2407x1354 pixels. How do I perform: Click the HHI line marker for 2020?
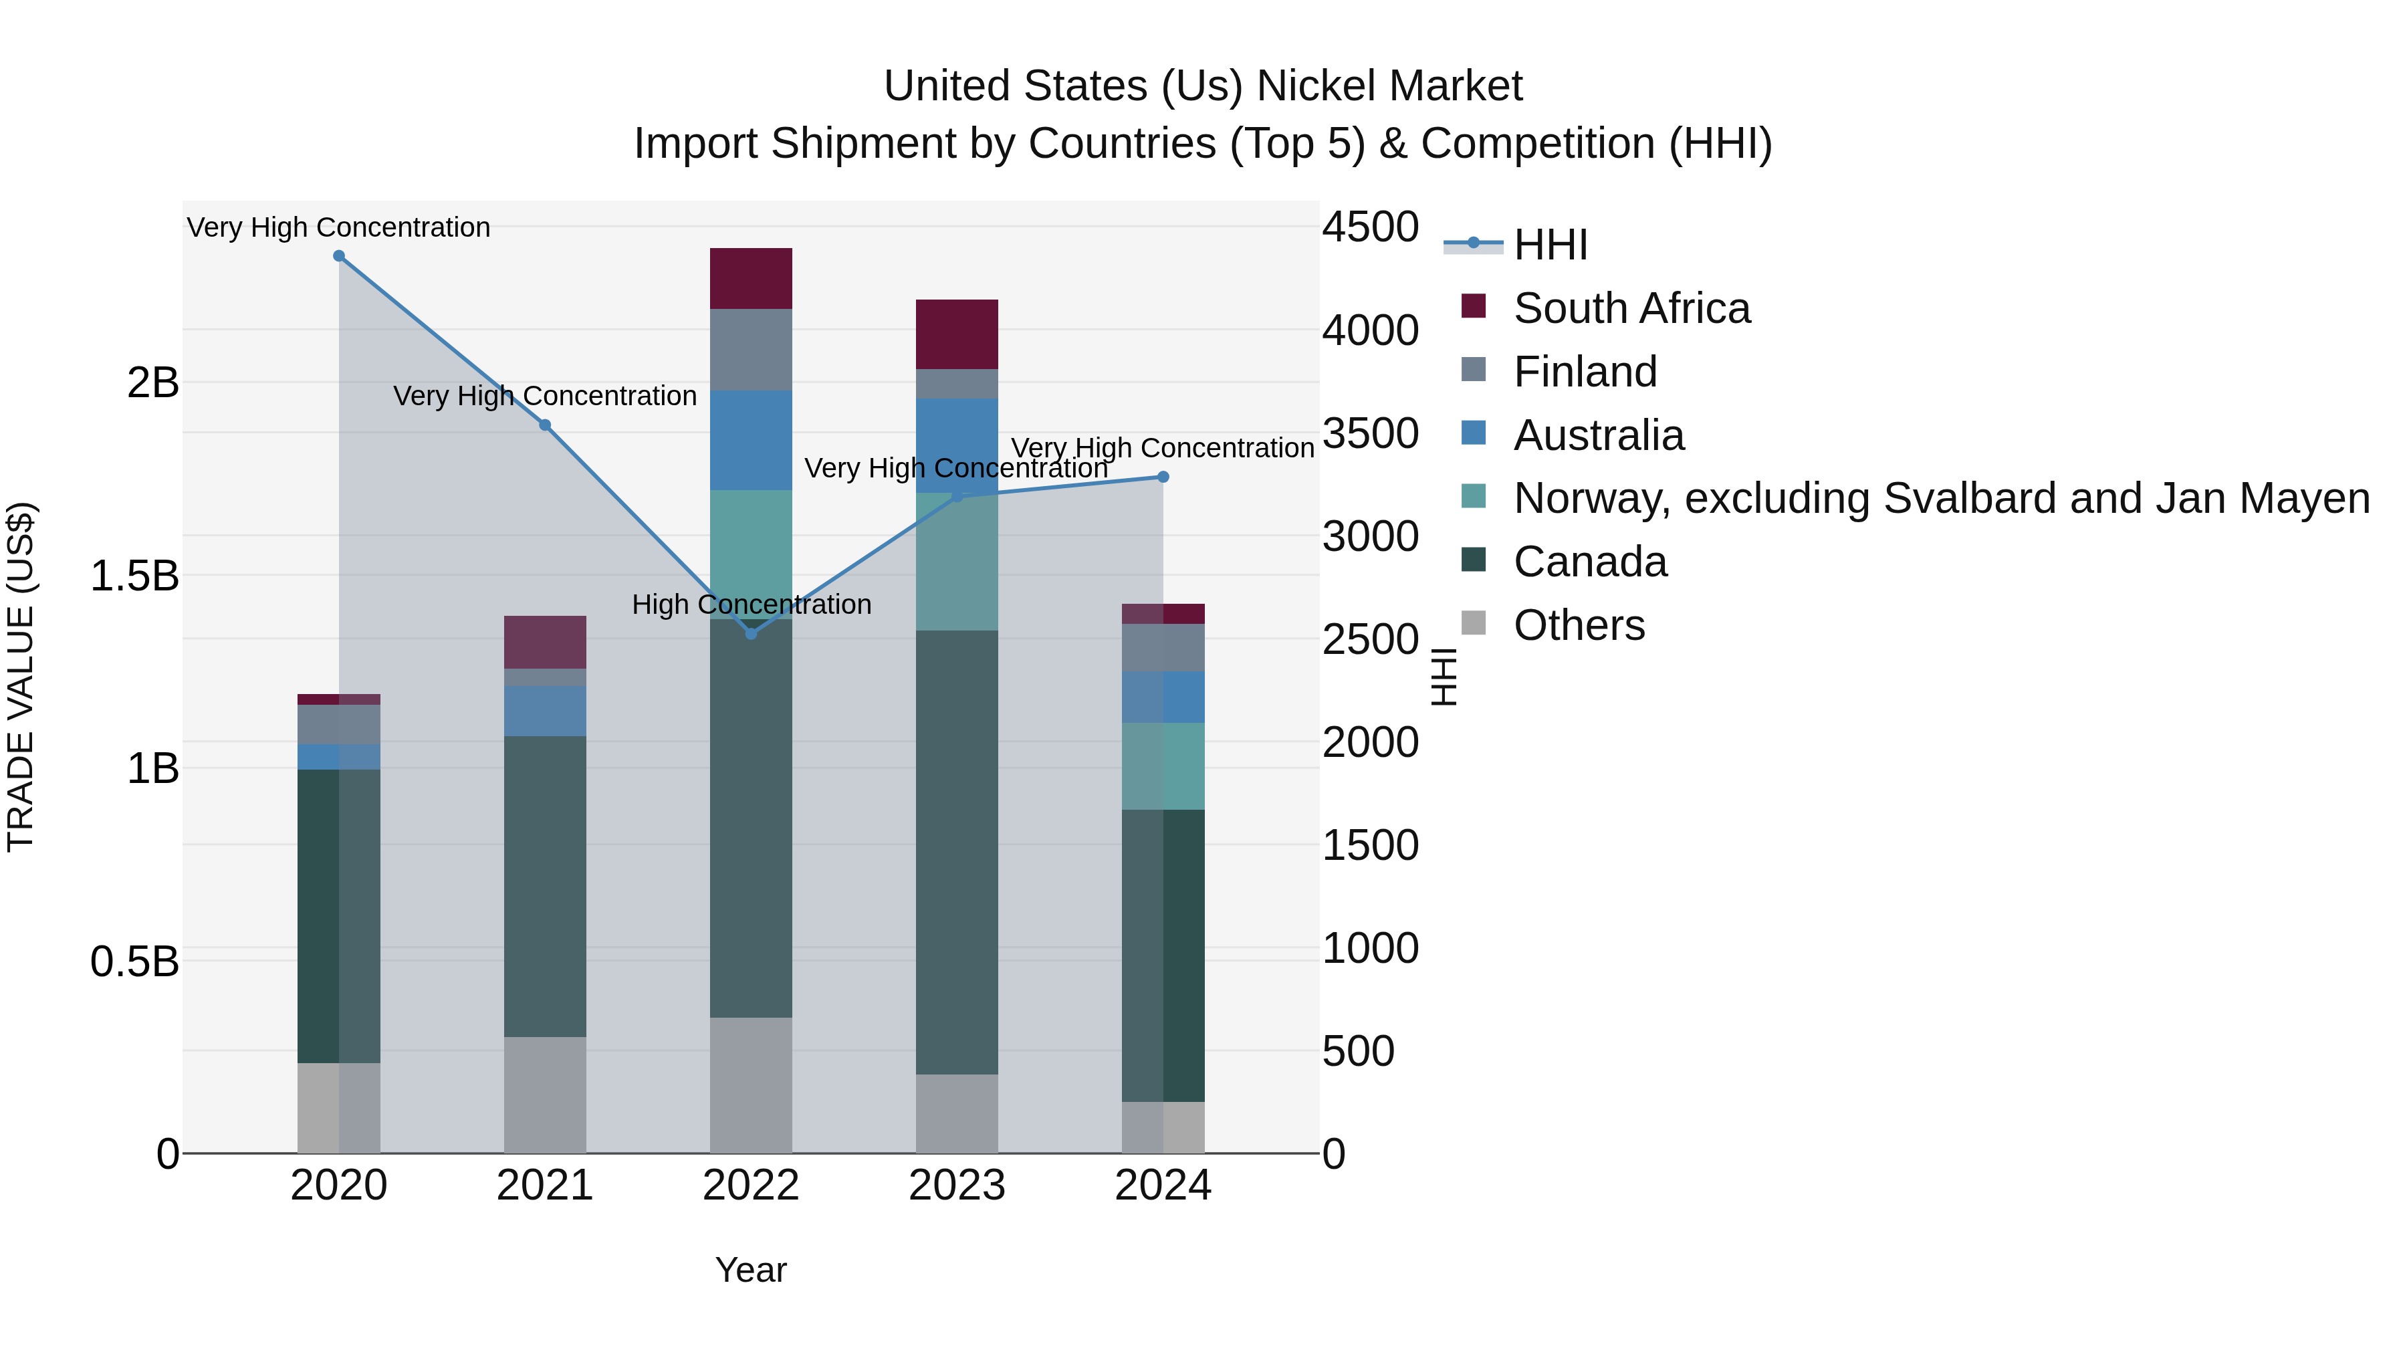pos(339,256)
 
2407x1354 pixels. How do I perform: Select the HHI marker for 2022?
pos(752,634)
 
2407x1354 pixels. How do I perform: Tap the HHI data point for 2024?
pos(1163,477)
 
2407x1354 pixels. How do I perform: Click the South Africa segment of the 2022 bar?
pos(752,278)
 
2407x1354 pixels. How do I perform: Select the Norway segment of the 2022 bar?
pos(752,554)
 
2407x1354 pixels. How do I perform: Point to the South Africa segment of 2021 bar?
pos(545,642)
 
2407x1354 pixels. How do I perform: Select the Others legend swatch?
pos(1474,623)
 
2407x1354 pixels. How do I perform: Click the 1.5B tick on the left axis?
pos(134,576)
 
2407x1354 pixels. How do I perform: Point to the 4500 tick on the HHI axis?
pos(1370,227)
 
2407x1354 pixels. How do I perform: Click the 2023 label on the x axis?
pos(957,1186)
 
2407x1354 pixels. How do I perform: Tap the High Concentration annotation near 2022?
pos(752,604)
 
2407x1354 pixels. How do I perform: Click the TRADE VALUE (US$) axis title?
pos(21,677)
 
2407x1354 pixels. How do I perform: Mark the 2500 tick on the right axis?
pos(1370,640)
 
